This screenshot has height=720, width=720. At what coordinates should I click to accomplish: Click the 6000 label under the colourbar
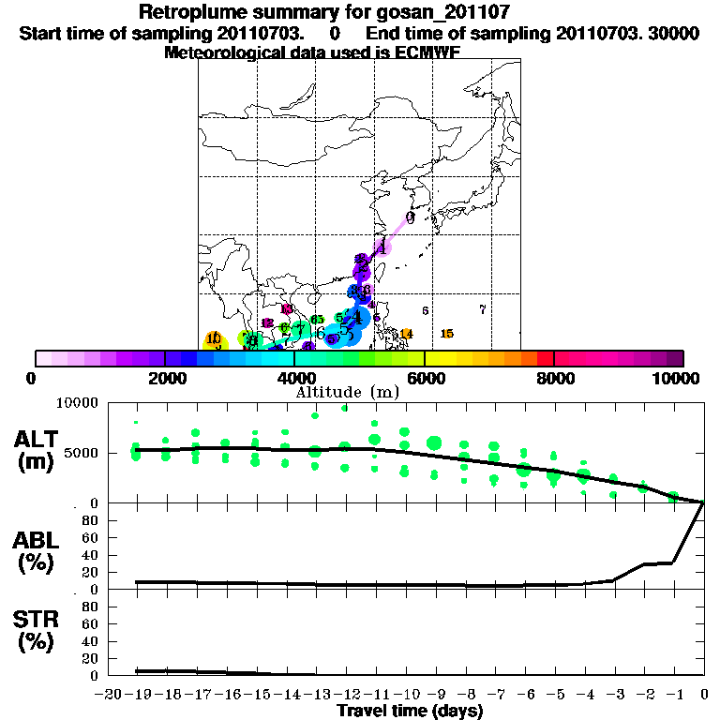click(x=424, y=378)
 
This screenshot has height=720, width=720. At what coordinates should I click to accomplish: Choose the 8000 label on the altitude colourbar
click(x=553, y=378)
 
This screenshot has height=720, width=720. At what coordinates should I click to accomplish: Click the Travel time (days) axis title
click(x=410, y=712)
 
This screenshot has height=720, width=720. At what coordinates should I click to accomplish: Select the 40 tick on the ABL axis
click(x=93, y=555)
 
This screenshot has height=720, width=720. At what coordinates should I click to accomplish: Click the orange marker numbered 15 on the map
click(x=447, y=334)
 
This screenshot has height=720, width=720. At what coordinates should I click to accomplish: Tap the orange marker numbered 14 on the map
click(x=406, y=334)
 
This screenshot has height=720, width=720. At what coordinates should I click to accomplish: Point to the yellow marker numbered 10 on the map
click(x=214, y=339)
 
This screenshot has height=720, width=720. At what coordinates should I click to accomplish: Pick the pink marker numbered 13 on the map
click(x=287, y=309)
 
